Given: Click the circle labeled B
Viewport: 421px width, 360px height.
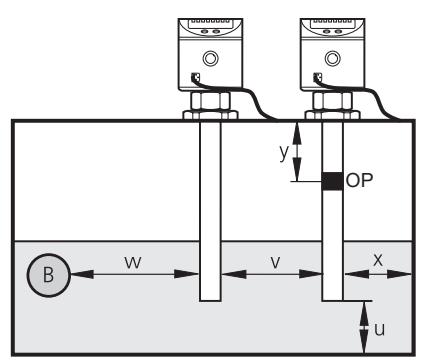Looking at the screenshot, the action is point(49,275).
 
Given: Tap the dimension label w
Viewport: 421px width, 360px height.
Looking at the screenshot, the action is point(133,262).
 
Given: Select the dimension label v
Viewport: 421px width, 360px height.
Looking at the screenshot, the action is point(275,262).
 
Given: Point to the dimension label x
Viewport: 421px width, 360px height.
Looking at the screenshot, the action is point(378,260).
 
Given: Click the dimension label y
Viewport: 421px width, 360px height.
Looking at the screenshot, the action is point(284,153).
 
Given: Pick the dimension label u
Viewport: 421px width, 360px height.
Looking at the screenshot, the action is point(380,329).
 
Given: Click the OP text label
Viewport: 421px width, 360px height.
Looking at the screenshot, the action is point(359,180).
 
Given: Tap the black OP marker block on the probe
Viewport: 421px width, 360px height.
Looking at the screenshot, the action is point(332,181).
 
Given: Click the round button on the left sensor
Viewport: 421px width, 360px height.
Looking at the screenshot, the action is point(210,59).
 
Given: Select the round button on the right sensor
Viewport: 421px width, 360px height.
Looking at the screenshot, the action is point(332,59).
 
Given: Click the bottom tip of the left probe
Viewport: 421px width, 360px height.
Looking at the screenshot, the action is point(210,301).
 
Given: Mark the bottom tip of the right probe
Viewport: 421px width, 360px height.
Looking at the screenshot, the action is point(332,301).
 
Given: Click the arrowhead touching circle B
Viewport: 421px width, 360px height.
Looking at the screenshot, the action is point(82,274).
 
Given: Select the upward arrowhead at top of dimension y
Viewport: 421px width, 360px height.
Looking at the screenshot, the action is point(297,134).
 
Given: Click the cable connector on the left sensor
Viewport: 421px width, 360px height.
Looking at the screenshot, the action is point(195,78).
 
